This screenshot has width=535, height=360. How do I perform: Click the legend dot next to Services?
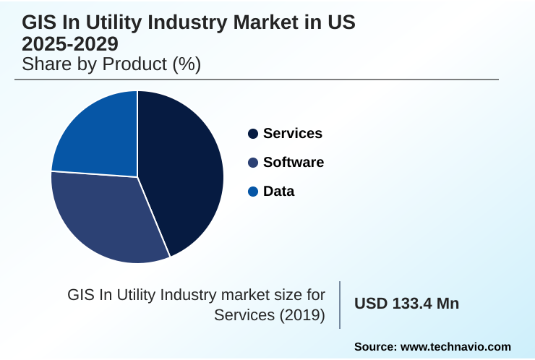coord(253,134)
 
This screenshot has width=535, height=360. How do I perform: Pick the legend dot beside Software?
coord(253,163)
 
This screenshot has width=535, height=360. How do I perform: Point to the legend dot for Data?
coord(253,192)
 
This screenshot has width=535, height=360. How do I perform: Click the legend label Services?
coord(293,134)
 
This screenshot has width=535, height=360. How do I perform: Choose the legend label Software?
coord(294,163)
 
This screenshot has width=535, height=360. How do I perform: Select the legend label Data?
coord(279,192)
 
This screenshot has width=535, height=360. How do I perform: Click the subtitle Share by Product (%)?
coord(111,64)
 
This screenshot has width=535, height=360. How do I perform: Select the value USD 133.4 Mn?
coord(406,304)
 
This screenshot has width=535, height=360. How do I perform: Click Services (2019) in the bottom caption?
coord(270,315)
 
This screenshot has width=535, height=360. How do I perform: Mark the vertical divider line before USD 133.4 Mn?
coord(340,304)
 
